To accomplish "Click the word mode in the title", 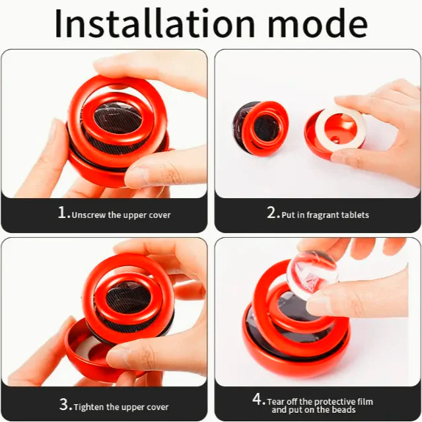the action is click(318, 24).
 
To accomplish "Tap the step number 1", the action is click(62, 213).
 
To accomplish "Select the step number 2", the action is click(271, 213).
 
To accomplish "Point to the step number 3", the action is click(64, 405).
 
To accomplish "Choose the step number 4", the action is click(258, 399).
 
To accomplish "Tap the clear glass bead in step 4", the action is click(312, 275).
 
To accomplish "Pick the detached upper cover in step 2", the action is click(260, 128).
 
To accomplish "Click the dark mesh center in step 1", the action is click(118, 118).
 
